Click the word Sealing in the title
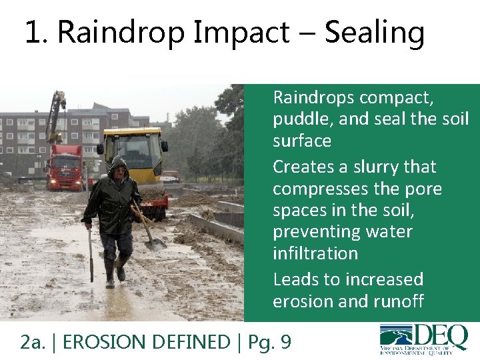[x=374, y=32]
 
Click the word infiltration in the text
[x=315, y=253]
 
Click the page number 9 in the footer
[x=285, y=342]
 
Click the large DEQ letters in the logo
[x=433, y=335]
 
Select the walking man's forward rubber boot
[x=109, y=273]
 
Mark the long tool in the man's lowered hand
[x=91, y=257]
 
